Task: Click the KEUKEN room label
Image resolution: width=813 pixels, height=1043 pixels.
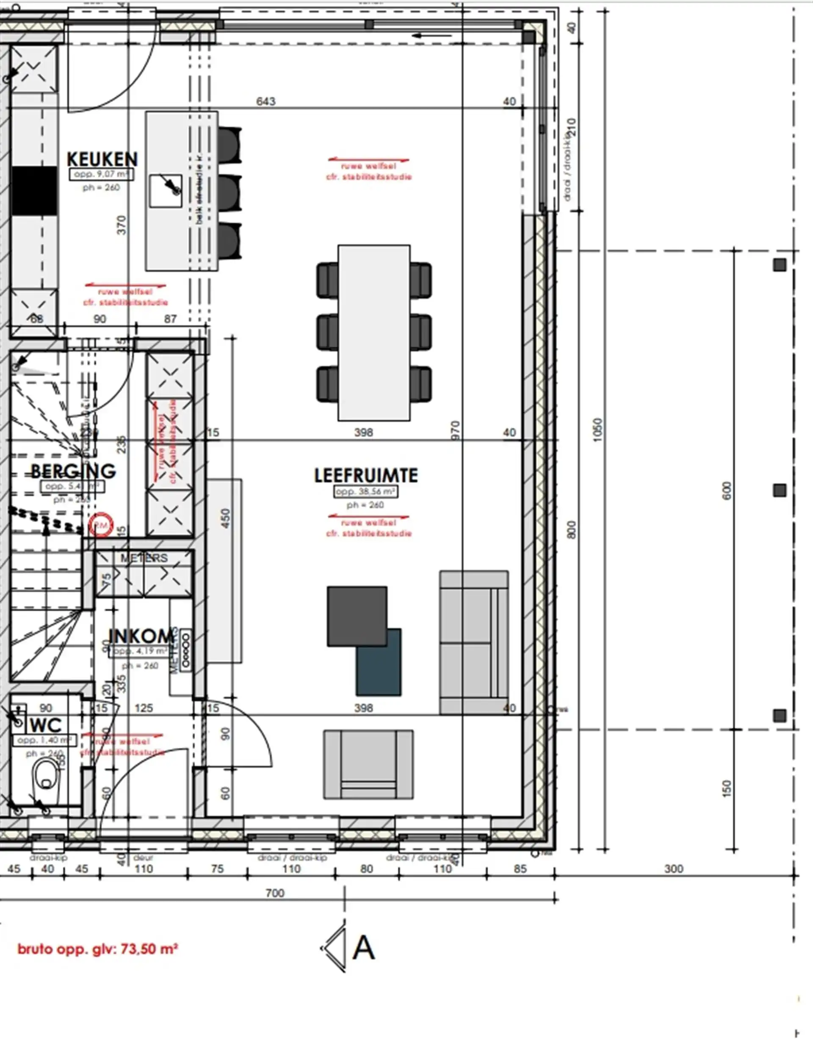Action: [x=102, y=159]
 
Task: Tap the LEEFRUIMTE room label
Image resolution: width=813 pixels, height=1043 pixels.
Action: [x=366, y=475]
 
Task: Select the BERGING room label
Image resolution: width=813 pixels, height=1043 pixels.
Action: [x=73, y=472]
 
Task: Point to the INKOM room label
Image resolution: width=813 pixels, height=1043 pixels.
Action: [x=141, y=636]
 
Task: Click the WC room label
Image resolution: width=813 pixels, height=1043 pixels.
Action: [x=45, y=725]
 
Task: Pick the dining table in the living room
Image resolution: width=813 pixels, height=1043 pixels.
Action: [x=374, y=333]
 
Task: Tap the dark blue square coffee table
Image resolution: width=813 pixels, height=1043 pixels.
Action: [x=379, y=663]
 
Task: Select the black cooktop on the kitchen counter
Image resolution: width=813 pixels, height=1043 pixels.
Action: [x=34, y=191]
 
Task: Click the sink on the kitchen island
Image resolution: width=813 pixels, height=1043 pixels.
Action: [x=166, y=191]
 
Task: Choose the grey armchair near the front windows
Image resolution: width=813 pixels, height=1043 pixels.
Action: [x=368, y=764]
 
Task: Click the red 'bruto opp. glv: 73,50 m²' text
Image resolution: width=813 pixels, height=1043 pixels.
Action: [x=98, y=949]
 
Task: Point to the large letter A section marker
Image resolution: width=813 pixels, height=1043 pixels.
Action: [x=363, y=948]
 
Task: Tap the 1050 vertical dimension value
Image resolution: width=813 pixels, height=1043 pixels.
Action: [x=598, y=430]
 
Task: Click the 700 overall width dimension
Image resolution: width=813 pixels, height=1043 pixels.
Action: [x=275, y=893]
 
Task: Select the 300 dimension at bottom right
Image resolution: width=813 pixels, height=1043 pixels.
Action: [x=674, y=869]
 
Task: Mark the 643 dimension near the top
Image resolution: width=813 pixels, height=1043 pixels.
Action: [x=266, y=101]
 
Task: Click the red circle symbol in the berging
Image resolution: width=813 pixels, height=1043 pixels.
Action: [x=101, y=525]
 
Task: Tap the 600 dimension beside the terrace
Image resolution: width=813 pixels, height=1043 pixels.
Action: [x=727, y=491]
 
